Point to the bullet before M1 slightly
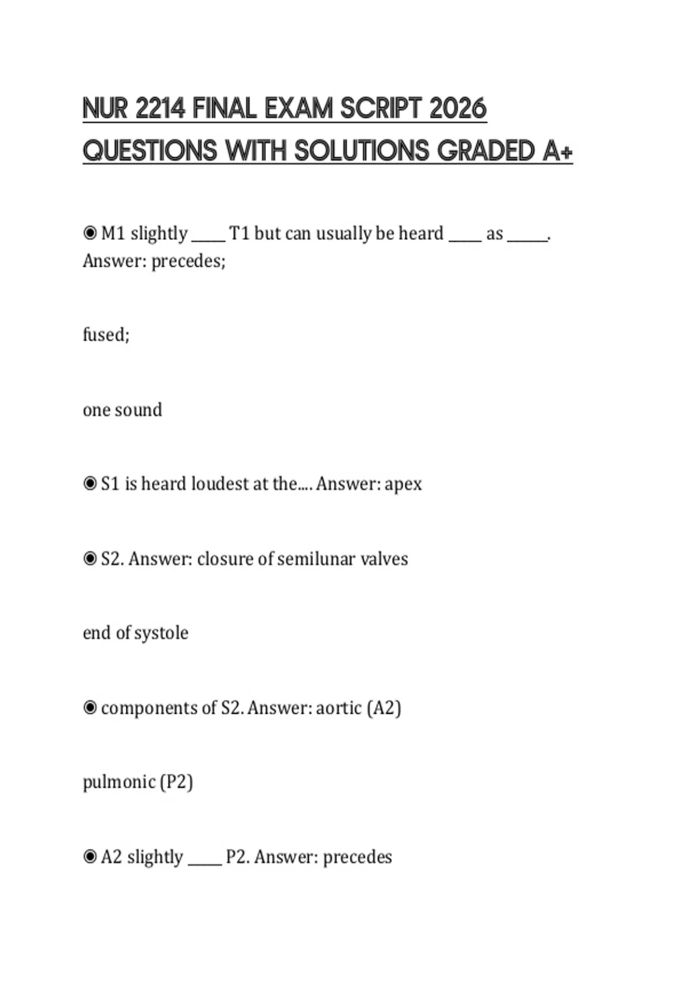point(90,233)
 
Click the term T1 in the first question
point(239,233)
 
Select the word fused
point(106,334)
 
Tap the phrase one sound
point(123,410)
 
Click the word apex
point(403,484)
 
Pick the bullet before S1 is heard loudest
point(90,484)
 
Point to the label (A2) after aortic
point(384,708)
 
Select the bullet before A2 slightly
point(90,857)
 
